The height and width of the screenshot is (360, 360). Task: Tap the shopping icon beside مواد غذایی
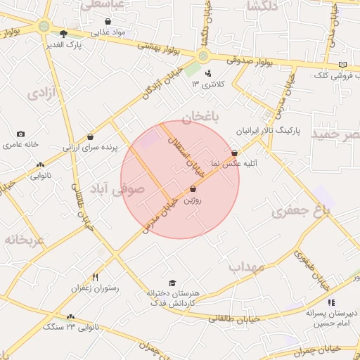tap(107, 22)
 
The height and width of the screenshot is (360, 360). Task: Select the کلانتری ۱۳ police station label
tap(207, 84)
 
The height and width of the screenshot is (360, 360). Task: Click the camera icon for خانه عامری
tap(20, 134)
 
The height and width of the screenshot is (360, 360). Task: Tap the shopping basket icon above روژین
tap(193, 189)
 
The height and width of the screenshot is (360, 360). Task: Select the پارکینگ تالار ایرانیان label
tap(264, 131)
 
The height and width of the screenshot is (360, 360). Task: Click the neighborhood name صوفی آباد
tap(116, 188)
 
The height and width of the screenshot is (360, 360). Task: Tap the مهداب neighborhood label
tap(246, 267)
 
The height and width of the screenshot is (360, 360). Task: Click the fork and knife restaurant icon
tap(95, 277)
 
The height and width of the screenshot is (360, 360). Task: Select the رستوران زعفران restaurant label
tap(95, 288)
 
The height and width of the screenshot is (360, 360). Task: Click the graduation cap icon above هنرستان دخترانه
tap(172, 283)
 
